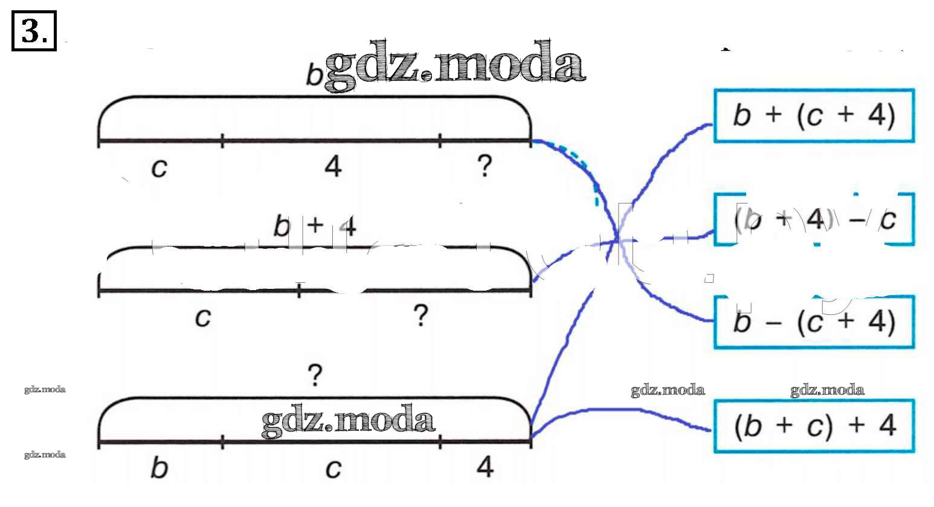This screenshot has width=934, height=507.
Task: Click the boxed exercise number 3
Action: point(34,31)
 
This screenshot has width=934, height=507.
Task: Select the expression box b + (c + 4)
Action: point(813,116)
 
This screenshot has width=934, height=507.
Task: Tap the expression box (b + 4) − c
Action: point(814,220)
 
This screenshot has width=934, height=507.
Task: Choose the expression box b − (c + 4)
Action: point(813,322)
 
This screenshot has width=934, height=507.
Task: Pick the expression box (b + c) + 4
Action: point(813,426)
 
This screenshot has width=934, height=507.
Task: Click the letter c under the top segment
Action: point(158,167)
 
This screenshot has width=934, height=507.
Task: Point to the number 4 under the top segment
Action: point(333,166)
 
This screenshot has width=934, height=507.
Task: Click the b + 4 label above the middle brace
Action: point(314,227)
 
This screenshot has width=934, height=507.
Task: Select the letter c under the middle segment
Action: point(203,317)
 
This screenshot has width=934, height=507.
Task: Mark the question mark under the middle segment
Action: point(420,315)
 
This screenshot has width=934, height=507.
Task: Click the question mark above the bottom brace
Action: point(315,375)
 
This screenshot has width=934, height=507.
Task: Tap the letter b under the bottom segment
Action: point(158,468)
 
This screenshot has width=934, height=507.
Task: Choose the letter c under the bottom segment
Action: point(333,469)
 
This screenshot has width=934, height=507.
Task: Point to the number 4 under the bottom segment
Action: point(485,467)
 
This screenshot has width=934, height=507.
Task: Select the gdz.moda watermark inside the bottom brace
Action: point(348,420)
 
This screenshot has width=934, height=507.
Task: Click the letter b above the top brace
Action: point(314,76)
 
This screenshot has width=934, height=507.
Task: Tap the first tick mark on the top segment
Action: point(222,141)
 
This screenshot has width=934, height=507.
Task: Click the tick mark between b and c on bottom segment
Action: point(222,443)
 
